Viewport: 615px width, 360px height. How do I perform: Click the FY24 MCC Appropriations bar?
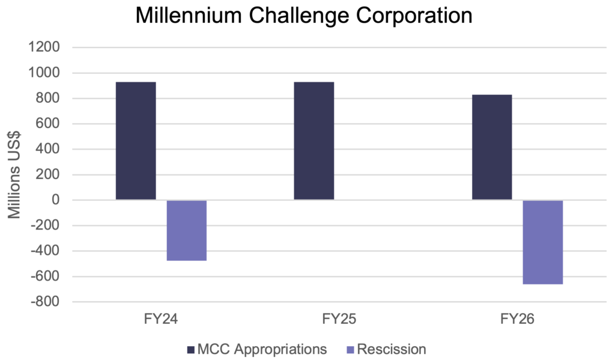click(136, 141)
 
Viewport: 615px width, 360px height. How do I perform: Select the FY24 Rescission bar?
click(187, 230)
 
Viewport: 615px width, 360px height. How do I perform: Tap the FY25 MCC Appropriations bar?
click(314, 141)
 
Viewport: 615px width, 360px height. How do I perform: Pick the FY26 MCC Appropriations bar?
click(492, 147)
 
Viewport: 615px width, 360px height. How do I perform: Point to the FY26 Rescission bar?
click(543, 242)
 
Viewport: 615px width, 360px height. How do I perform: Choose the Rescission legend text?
click(391, 349)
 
